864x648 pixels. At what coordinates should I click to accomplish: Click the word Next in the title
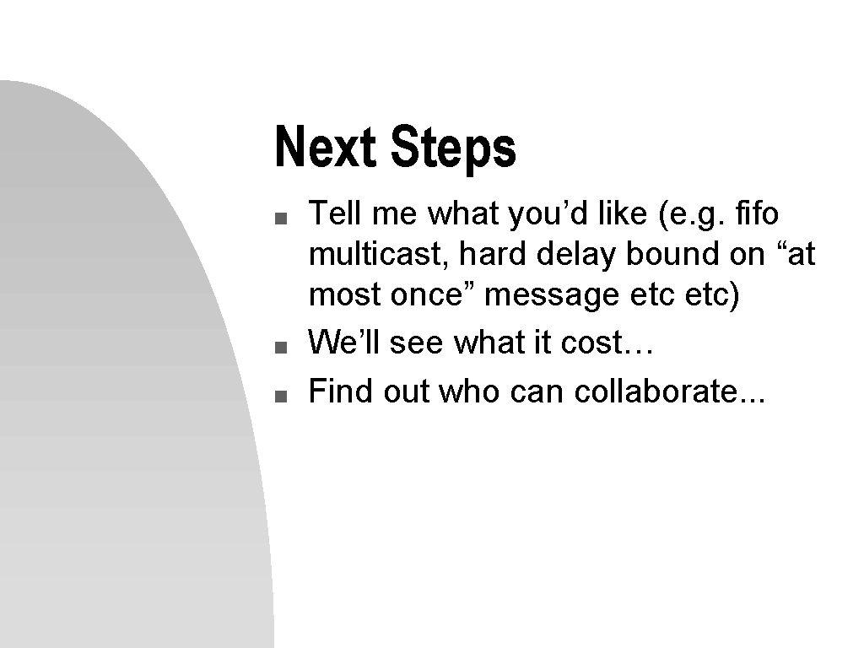pos(325,146)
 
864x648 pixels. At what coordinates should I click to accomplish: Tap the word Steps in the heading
pos(453,148)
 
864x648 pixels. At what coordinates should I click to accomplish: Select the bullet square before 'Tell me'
pos(281,219)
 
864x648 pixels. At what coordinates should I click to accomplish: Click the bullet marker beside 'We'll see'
pos(281,347)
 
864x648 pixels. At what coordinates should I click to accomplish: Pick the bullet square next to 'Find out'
pos(281,397)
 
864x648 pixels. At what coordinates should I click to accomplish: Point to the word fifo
pos(757,213)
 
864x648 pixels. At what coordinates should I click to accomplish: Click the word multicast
pos(375,254)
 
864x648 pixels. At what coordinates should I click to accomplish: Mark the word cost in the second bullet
pos(591,343)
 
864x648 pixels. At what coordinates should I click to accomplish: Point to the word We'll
pos(344,342)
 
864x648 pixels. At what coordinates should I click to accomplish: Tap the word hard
pos(492,254)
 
